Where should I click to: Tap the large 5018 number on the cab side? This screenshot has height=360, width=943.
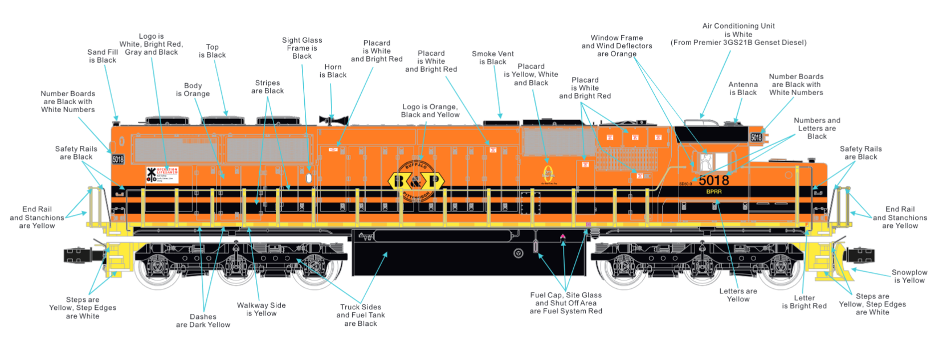[713, 181]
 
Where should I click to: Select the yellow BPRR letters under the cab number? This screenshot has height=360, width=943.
[714, 192]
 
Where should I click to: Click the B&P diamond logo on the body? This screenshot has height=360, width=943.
[417, 181]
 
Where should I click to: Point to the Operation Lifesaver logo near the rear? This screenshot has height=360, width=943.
[162, 174]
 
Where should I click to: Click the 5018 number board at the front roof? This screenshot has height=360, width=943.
[756, 137]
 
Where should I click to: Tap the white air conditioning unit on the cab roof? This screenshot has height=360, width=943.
[702, 122]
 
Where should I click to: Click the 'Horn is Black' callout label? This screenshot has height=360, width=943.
[333, 71]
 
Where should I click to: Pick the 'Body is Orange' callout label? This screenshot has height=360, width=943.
[193, 90]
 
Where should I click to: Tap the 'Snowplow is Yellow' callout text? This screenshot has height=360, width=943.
[909, 276]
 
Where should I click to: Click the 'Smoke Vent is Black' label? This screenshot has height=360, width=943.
[493, 58]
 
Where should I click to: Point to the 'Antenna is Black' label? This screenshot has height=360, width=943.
[743, 88]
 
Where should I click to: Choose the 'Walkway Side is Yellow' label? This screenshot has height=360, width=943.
[261, 309]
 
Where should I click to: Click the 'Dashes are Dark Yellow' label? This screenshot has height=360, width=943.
[203, 321]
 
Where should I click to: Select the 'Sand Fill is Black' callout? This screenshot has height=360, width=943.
[103, 56]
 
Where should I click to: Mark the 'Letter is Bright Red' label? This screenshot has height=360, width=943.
[804, 302]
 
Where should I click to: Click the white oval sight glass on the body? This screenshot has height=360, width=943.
[309, 178]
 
